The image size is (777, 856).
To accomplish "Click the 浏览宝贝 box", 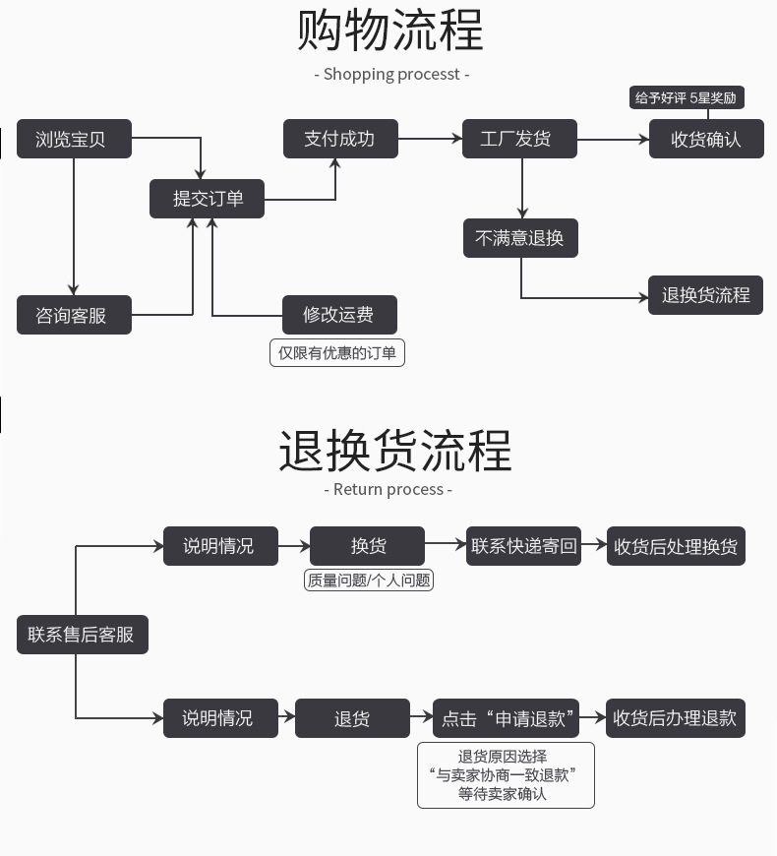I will pyautogui.click(x=75, y=139).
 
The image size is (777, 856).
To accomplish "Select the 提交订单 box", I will pyautogui.click(x=207, y=199).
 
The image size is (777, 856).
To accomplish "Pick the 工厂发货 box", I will pyautogui.click(x=519, y=139).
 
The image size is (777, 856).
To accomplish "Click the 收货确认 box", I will pyautogui.click(x=705, y=139).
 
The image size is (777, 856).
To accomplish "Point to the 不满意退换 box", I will pyautogui.click(x=520, y=238).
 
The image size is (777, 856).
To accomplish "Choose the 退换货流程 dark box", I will pyautogui.click(x=705, y=295).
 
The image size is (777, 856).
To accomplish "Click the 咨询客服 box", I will pyautogui.click(x=75, y=315).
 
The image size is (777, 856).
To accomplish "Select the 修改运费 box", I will pyautogui.click(x=339, y=315).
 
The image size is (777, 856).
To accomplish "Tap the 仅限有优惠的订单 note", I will pyautogui.click(x=337, y=352).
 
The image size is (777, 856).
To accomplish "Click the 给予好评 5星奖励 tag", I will pyautogui.click(x=686, y=97).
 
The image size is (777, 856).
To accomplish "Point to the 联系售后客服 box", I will pyautogui.click(x=82, y=635).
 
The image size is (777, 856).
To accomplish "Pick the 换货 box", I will pyautogui.click(x=367, y=546).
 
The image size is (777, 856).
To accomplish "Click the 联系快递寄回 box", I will pyautogui.click(x=524, y=546).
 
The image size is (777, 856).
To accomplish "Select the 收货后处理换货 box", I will pyautogui.click(x=676, y=546).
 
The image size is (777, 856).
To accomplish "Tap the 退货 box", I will pyautogui.click(x=351, y=718).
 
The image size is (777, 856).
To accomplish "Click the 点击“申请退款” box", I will pyautogui.click(x=506, y=718).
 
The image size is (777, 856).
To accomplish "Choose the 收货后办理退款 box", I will pyautogui.click(x=676, y=718).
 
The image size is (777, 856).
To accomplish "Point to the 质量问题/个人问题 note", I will pyautogui.click(x=369, y=581).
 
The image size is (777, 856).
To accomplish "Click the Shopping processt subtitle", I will pyautogui.click(x=391, y=74).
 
